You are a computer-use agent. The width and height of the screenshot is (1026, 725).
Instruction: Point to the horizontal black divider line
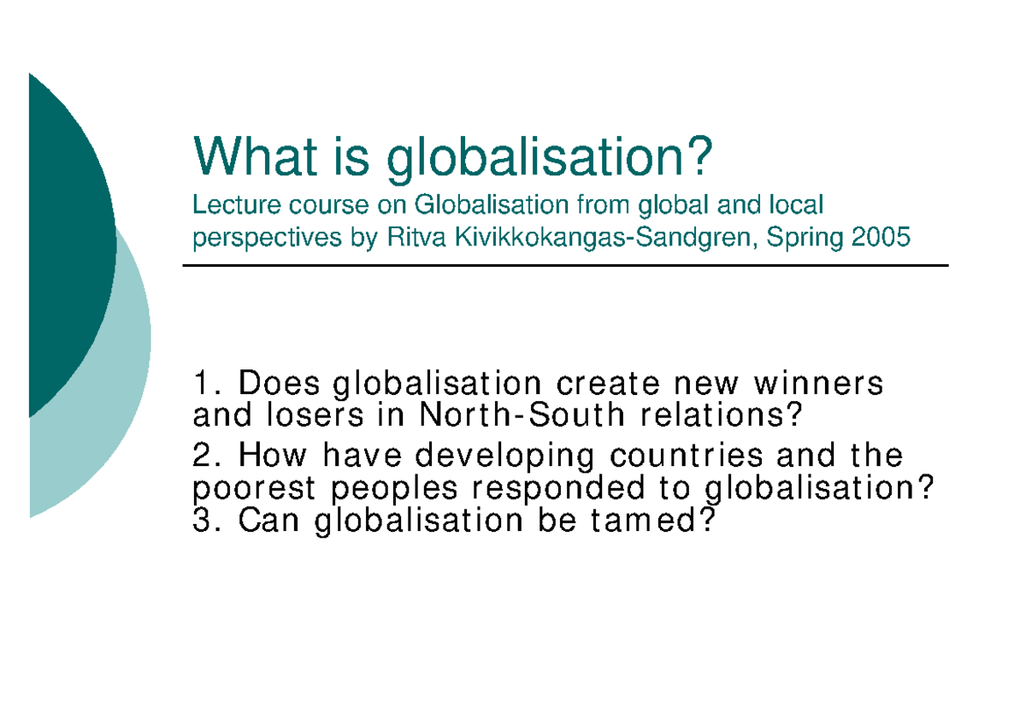pyautogui.click(x=564, y=266)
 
